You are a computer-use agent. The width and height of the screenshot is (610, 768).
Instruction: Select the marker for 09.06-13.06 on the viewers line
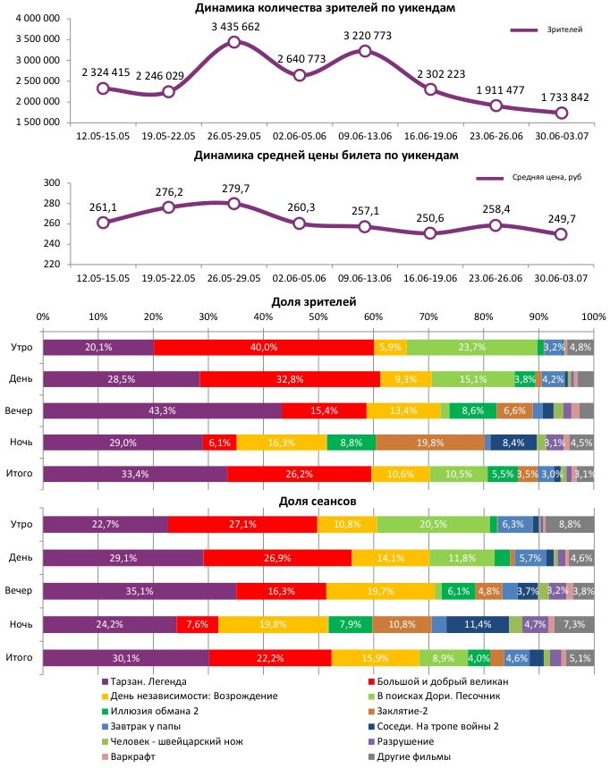tap(365, 51)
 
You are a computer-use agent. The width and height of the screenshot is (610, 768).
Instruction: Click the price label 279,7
tap(233, 189)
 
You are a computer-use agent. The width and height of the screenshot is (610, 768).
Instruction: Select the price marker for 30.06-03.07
tap(561, 234)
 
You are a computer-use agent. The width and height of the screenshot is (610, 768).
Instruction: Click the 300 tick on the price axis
tap(51, 183)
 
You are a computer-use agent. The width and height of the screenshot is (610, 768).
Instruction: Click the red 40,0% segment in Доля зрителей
tap(264, 347)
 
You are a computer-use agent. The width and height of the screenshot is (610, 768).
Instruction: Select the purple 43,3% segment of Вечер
tap(162, 409)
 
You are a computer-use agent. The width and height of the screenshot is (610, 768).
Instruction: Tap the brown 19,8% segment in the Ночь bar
tap(429, 441)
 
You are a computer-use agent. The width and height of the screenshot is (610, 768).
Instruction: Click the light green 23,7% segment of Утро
tap(471, 347)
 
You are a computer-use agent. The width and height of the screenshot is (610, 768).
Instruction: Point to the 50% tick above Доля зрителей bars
tap(318, 317)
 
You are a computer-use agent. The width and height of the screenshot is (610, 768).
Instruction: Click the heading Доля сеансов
tap(318, 502)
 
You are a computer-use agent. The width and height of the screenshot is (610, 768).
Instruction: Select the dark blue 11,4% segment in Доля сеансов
tap(477, 625)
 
